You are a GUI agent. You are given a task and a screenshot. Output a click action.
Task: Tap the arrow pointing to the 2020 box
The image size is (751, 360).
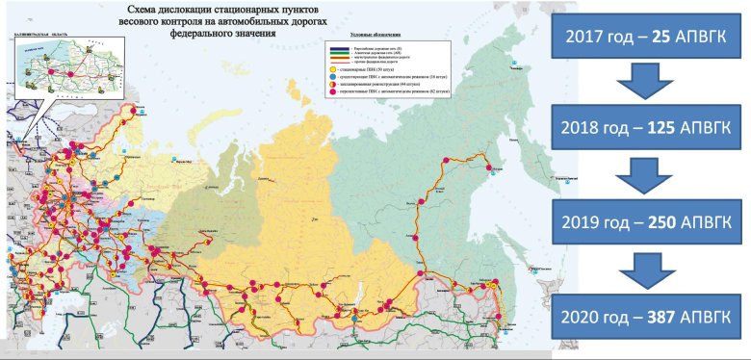651,266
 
